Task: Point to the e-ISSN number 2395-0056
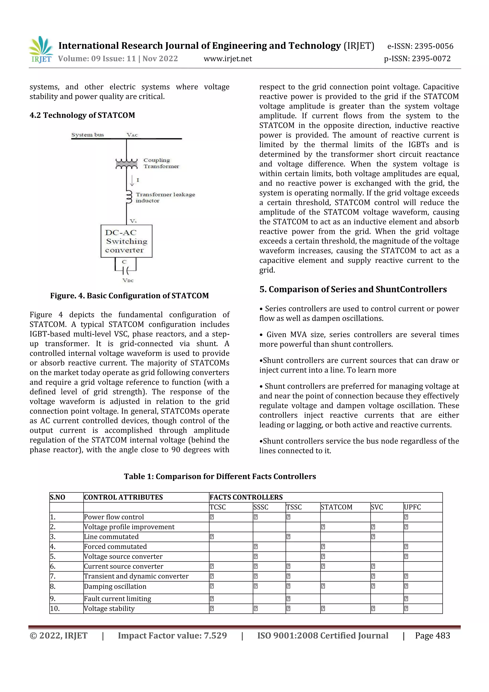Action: point(420,46)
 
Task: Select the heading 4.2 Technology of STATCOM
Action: point(82,115)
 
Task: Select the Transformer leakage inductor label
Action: point(165,197)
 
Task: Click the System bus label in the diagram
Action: point(87,135)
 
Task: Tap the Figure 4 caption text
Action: point(129,296)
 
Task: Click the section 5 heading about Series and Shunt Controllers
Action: point(353,289)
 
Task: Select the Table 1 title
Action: point(220,476)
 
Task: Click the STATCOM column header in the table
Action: point(336,507)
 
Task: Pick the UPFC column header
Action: point(412,507)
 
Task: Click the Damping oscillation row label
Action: point(115,587)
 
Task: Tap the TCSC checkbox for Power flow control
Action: point(212,517)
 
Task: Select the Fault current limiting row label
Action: point(117,599)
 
